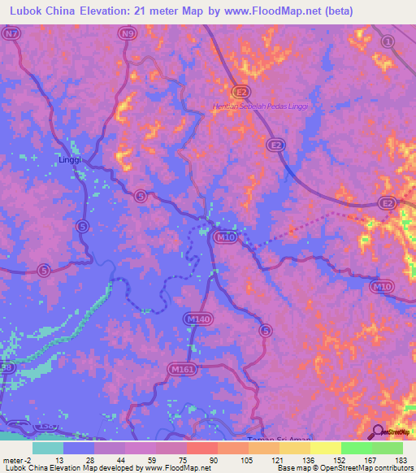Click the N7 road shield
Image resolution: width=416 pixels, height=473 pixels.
tap(10, 34)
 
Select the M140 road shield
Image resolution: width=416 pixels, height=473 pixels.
tap(197, 319)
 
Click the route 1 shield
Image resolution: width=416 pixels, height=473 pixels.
tap(388, 41)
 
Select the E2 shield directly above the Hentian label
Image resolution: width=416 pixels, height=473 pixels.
tap(242, 92)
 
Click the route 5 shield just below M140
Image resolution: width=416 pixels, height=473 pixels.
tap(264, 330)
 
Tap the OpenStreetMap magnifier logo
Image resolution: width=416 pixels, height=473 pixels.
tap(379, 432)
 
